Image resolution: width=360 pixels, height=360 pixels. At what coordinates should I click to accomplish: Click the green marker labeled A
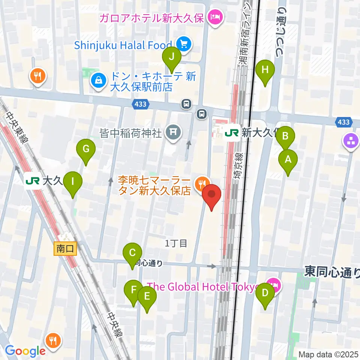click(288, 160)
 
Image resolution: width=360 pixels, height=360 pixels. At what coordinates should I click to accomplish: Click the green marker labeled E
click(147, 297)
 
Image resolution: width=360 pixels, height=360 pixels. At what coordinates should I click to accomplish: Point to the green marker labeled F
click(133, 291)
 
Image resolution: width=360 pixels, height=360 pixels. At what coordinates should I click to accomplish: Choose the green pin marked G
click(86, 150)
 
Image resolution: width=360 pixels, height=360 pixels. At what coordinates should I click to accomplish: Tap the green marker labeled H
click(265, 70)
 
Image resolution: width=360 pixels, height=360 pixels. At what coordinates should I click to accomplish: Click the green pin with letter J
click(172, 58)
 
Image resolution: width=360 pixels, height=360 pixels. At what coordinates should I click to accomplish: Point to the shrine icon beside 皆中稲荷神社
click(172, 133)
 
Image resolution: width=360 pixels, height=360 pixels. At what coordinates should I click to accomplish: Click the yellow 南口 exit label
click(66, 248)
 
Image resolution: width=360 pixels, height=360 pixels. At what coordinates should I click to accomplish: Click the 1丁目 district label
click(176, 243)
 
